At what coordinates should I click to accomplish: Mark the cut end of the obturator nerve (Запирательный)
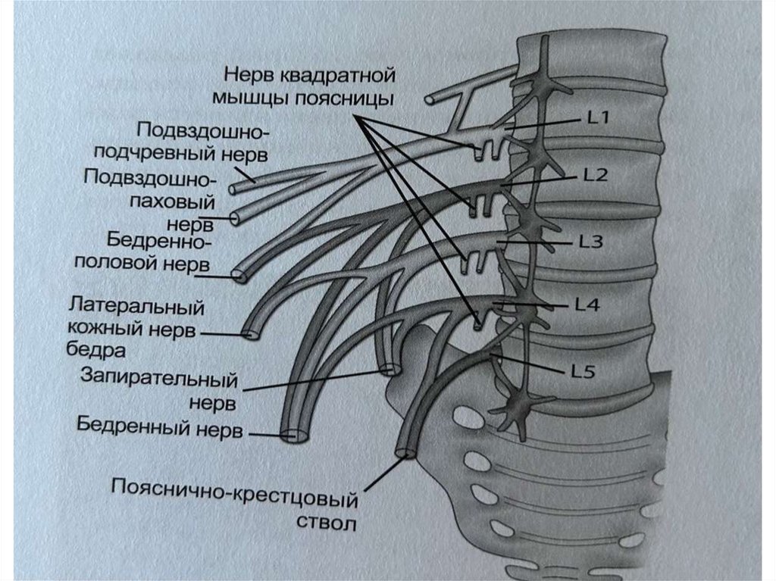tap(390, 370)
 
